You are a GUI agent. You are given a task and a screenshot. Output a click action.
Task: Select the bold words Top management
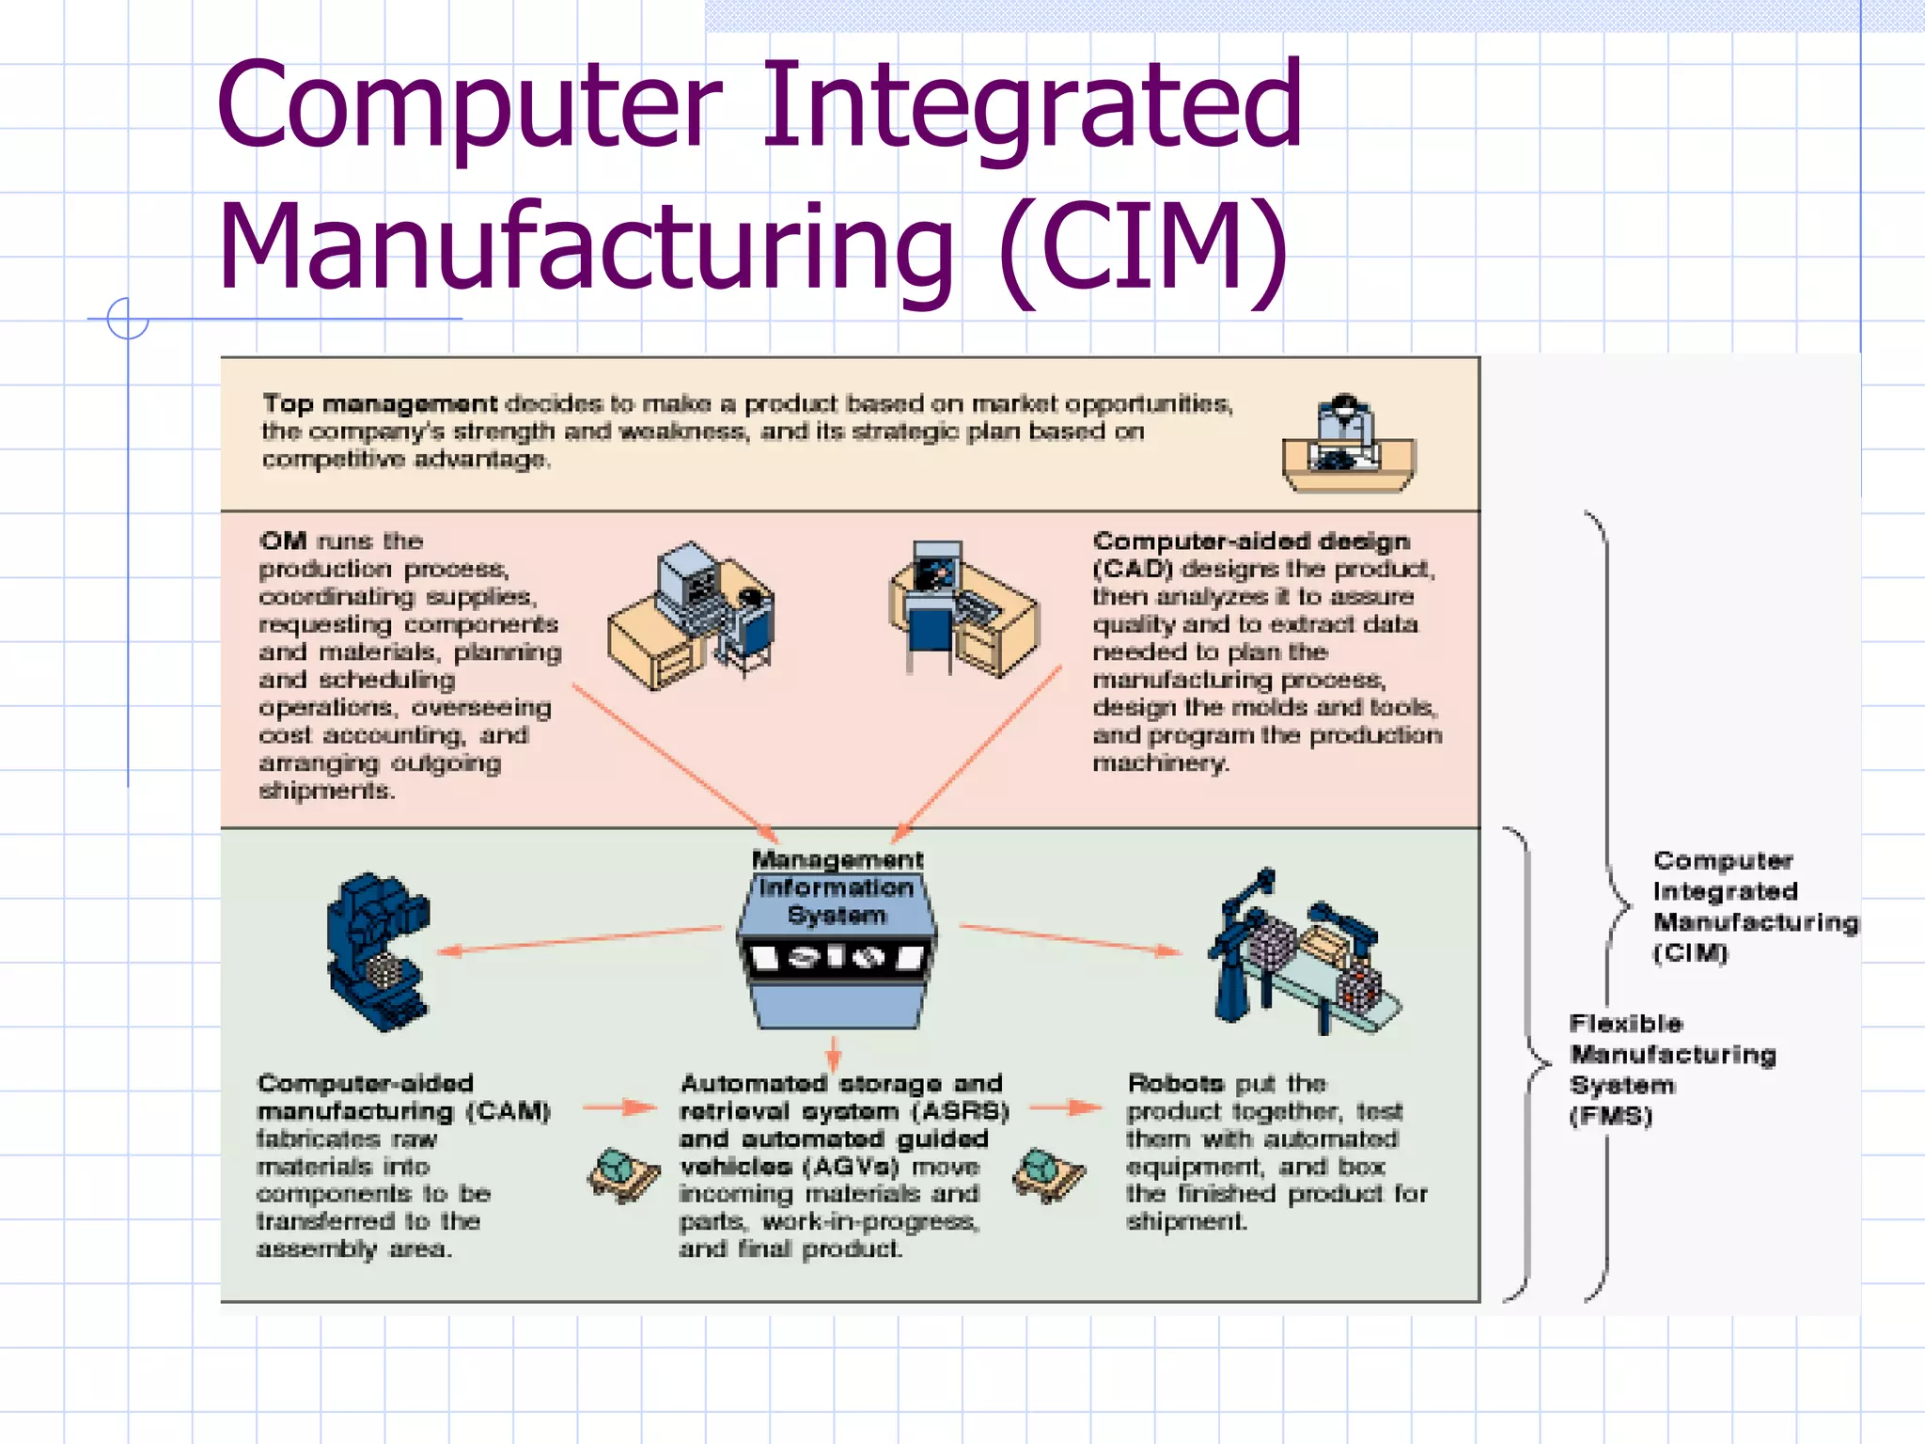[x=380, y=404]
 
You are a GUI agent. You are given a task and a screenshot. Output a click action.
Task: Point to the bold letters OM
[x=283, y=541]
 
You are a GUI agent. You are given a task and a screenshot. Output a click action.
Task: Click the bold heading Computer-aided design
[x=1251, y=541]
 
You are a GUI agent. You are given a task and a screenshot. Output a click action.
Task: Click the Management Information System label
[x=837, y=887]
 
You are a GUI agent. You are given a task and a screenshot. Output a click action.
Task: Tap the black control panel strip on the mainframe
[x=836, y=958]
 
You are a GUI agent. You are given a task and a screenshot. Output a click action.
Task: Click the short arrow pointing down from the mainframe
[x=833, y=1053]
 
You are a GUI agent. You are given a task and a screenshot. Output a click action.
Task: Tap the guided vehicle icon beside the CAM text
[x=623, y=1174]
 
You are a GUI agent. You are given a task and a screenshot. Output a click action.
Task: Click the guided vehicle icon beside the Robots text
[x=1048, y=1173]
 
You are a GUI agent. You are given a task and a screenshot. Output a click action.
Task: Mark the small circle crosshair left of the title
[x=128, y=319]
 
